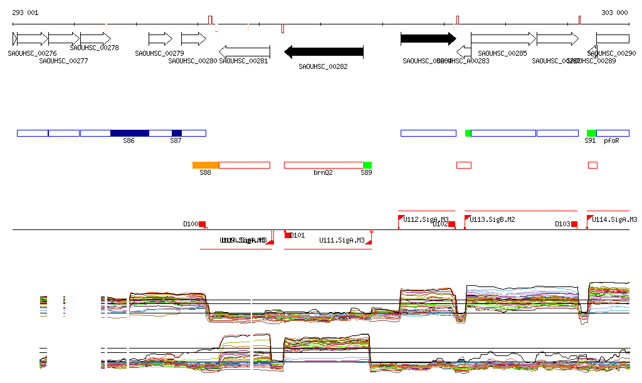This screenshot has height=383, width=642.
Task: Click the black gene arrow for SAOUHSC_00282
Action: point(324,51)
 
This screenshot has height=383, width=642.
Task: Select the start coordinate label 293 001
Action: point(25,13)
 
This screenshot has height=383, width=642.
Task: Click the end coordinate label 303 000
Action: point(614,13)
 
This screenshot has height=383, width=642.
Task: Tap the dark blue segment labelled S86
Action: point(130,133)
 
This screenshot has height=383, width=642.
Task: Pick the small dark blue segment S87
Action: point(177,133)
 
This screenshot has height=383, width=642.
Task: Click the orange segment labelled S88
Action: point(206,165)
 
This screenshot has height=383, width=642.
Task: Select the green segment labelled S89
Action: point(367,165)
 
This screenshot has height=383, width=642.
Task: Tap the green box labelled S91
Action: point(591,133)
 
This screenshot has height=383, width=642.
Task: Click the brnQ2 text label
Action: point(323,172)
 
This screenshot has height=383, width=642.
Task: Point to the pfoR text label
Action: point(611,141)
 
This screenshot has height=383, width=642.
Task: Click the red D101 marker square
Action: point(288,235)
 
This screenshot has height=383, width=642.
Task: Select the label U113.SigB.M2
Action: point(492,220)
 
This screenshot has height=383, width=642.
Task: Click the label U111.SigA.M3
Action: point(342,240)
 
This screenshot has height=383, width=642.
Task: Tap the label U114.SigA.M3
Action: point(614,220)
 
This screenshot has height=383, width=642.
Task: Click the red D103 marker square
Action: point(574,224)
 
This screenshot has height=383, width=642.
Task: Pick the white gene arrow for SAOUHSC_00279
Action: point(160,39)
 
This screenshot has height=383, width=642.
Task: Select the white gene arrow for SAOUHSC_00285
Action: point(503,39)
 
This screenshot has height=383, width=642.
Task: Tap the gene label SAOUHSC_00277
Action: point(63,61)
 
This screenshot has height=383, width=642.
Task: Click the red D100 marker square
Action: point(203,224)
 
